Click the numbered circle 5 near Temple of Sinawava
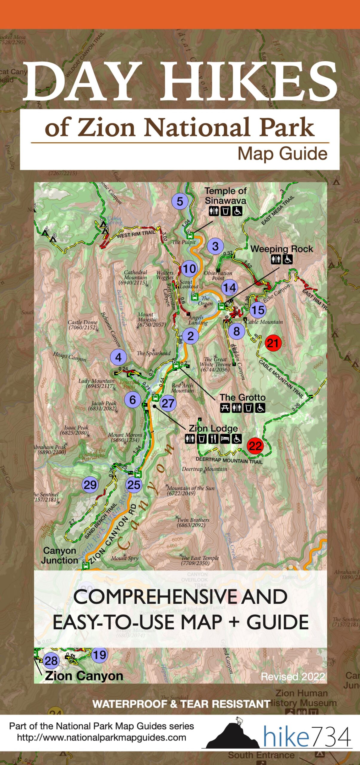tap(179, 201)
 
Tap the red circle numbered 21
tap(272, 343)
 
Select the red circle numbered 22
tap(255, 446)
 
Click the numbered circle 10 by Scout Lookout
tap(189, 269)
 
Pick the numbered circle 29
tap(90, 485)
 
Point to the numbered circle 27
tap(168, 403)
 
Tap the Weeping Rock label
tap(281, 249)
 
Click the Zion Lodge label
tap(213, 428)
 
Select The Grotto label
tap(242, 397)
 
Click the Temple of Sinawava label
tap(225, 196)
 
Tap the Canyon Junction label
tap(60, 555)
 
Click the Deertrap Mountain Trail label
tap(229, 460)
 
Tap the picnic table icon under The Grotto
tap(225, 408)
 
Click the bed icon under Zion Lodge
tap(225, 439)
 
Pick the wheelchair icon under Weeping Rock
tap(288, 259)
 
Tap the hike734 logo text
tap(306, 737)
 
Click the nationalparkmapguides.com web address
tap(101, 738)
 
